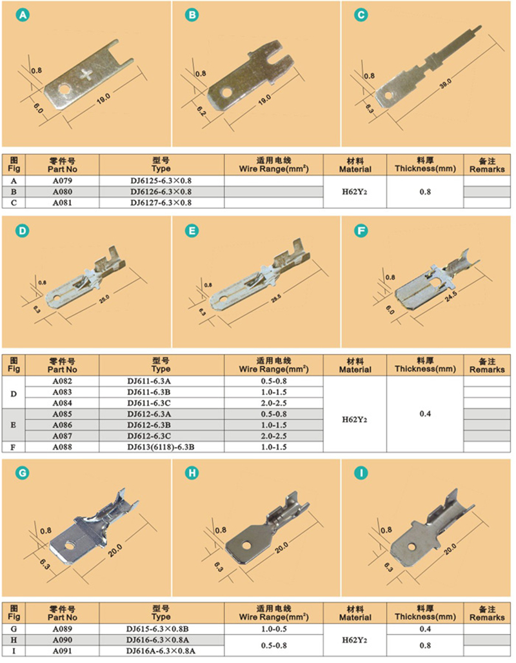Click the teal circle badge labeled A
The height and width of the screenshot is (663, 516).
tap(23, 15)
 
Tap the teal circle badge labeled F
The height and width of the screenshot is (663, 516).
tap(361, 231)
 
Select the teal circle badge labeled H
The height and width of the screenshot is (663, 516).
tap(192, 473)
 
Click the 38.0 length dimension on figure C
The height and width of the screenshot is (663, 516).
tap(445, 83)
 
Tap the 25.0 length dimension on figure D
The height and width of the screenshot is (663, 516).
tap(104, 299)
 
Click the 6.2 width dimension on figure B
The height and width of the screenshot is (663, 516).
tap(201, 111)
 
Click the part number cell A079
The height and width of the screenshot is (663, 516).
tap(62, 181)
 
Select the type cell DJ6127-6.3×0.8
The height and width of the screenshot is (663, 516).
tap(161, 203)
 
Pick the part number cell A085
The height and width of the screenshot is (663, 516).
tap(62, 414)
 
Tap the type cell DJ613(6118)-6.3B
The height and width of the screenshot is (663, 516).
tap(161, 447)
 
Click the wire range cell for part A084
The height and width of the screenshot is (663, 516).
tap(273, 403)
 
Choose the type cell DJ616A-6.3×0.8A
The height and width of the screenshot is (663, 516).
tap(161, 651)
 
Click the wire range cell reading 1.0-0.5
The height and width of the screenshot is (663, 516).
tap(273, 629)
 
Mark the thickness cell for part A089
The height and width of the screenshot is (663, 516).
tap(425, 629)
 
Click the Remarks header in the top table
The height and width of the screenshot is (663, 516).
tap(487, 165)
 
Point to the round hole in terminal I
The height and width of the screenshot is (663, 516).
tap(412, 547)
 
